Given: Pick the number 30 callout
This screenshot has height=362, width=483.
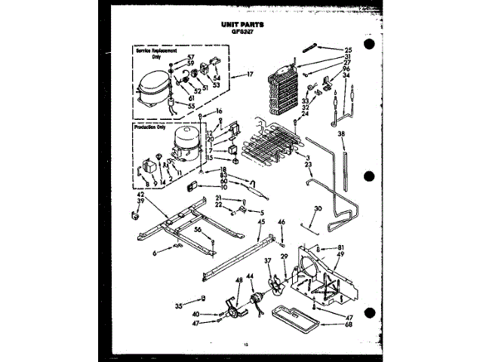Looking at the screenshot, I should (x=318, y=207).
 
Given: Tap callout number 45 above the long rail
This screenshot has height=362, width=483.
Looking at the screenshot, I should (x=261, y=222).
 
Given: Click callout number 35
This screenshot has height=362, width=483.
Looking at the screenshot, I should (x=178, y=307).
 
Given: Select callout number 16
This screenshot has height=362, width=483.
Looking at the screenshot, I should (x=219, y=111).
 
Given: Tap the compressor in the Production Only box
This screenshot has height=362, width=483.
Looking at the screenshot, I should (x=186, y=143).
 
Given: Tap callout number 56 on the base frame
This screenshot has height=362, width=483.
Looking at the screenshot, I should (x=198, y=229).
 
